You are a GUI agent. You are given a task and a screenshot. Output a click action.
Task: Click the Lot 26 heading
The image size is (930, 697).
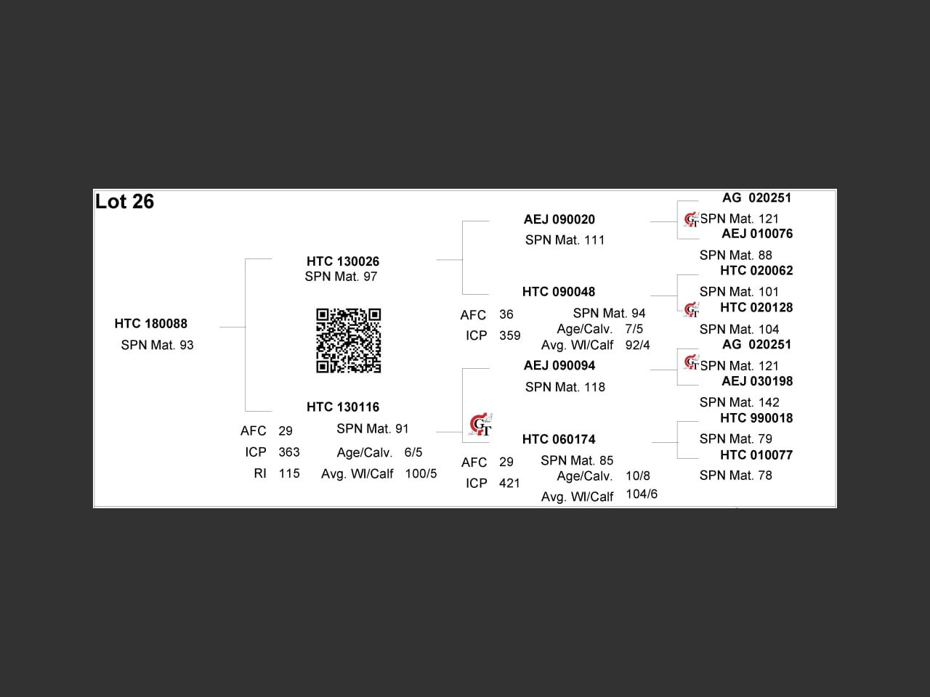[x=124, y=202]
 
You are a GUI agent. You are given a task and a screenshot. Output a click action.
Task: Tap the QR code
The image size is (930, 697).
[x=349, y=341]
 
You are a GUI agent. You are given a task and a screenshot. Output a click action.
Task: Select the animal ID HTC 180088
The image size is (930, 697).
[x=151, y=324]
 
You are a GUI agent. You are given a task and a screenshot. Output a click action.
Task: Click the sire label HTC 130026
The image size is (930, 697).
[x=343, y=261]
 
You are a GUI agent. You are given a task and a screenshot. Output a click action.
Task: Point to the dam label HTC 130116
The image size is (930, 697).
[x=343, y=407]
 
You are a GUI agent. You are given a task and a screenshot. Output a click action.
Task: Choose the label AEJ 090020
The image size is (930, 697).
[x=559, y=219]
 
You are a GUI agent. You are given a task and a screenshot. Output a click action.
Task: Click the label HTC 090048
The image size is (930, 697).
[x=559, y=292]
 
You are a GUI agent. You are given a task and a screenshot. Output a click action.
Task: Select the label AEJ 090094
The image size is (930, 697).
[x=559, y=365]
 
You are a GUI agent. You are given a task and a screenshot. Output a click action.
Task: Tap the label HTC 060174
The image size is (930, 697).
[x=559, y=439]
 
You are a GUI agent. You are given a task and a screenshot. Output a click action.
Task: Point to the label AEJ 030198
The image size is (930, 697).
[x=757, y=381]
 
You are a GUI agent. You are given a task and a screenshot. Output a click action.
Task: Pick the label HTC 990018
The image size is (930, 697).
[x=756, y=418]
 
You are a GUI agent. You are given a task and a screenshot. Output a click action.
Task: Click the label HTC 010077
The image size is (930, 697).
[x=756, y=455]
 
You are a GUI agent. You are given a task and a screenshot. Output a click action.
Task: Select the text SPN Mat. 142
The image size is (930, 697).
[x=739, y=402]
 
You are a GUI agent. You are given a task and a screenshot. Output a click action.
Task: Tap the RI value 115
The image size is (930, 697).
[x=289, y=473]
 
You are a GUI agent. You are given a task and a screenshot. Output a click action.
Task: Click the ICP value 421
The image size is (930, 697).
[x=509, y=483]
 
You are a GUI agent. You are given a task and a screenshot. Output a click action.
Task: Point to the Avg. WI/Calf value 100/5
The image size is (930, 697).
[x=421, y=473]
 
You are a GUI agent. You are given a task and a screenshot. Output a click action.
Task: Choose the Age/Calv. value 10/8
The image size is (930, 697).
[x=638, y=476]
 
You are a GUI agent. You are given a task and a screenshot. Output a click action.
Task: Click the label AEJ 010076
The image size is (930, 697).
[x=757, y=234]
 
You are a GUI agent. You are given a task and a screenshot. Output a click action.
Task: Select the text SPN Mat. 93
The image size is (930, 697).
[x=157, y=345]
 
